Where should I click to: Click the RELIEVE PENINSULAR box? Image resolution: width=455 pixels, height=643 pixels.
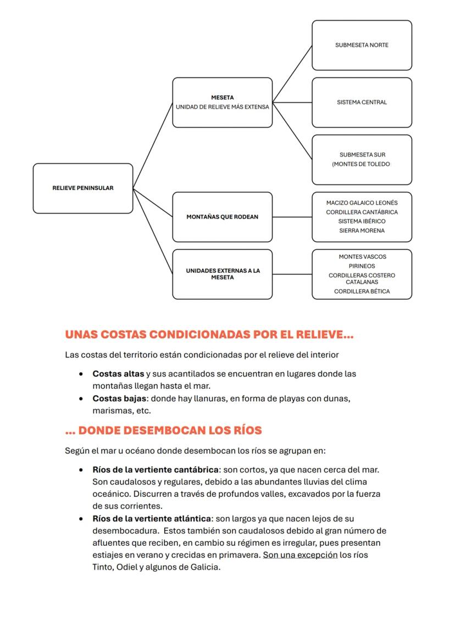pyautogui.click(x=83, y=188)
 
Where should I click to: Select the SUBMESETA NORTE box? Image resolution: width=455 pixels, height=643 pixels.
pyautogui.click(x=362, y=45)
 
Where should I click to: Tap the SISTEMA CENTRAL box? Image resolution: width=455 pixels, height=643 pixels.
pyautogui.click(x=362, y=102)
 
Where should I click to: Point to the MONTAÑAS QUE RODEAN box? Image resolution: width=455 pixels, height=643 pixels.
pyautogui.click(x=222, y=216)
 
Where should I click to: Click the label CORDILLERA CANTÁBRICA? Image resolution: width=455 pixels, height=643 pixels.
pyautogui.click(x=362, y=212)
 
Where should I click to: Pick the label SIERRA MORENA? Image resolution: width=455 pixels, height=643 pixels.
pyautogui.click(x=362, y=231)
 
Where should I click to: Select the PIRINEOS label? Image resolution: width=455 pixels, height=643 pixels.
pyautogui.click(x=362, y=266)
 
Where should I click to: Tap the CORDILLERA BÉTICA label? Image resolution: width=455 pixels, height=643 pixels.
pyautogui.click(x=362, y=292)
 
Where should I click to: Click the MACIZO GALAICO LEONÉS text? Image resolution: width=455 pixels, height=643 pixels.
pyautogui.click(x=362, y=203)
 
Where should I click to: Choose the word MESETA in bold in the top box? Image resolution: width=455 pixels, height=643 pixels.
pyautogui.click(x=222, y=98)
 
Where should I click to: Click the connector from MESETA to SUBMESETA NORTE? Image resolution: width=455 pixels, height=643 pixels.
pyautogui.click(x=292, y=74)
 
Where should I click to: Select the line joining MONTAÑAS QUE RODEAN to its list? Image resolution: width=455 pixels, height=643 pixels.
pyautogui.click(x=292, y=217)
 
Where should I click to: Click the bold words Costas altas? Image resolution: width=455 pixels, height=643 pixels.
pyautogui.click(x=118, y=374)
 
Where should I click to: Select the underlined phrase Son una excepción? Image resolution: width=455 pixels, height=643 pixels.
pyautogui.click(x=300, y=555)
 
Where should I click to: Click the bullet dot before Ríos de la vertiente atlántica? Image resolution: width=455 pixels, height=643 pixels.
pyautogui.click(x=81, y=519)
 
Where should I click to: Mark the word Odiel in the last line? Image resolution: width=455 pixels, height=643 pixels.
pyautogui.click(x=126, y=567)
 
